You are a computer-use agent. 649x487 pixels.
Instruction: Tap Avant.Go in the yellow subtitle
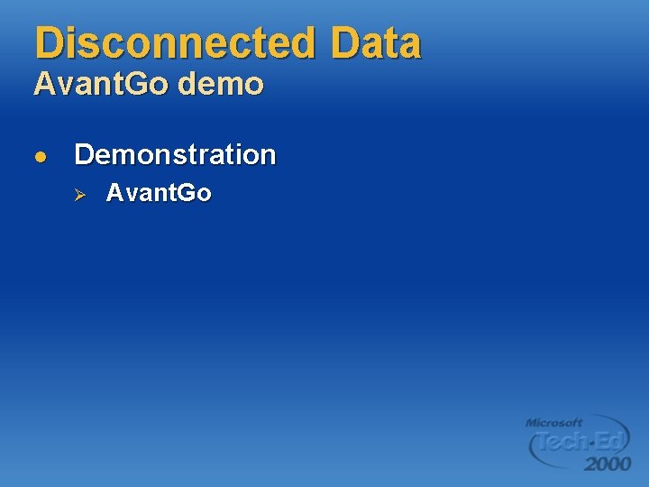pyautogui.click(x=103, y=85)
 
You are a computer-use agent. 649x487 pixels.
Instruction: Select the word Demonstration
pyautogui.click(x=175, y=155)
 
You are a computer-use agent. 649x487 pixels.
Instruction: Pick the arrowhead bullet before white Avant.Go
pyautogui.click(x=78, y=194)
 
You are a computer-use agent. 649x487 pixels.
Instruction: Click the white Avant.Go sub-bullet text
pyautogui.click(x=159, y=193)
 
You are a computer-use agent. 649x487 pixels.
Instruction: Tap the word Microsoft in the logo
pyautogui.click(x=554, y=422)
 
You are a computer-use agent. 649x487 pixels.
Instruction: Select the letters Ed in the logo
pyautogui.click(x=611, y=442)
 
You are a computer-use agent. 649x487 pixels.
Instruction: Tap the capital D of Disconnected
pyautogui.click(x=49, y=43)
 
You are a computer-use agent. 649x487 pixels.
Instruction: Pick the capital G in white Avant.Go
pyautogui.click(x=190, y=193)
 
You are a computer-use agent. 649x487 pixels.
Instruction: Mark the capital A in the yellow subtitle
pyautogui.click(x=42, y=85)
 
